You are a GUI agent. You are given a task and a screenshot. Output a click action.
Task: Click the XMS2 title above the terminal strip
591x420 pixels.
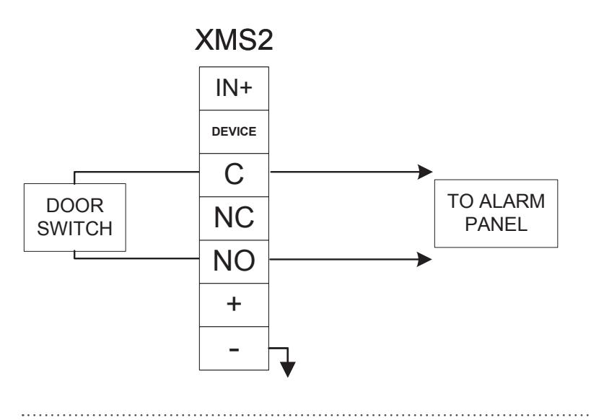click(x=234, y=40)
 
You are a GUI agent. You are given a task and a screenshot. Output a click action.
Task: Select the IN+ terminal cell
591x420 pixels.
click(x=234, y=88)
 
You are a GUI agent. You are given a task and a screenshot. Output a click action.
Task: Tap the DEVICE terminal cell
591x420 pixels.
click(x=234, y=131)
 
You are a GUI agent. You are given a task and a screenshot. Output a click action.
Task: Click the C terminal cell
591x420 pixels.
click(x=234, y=175)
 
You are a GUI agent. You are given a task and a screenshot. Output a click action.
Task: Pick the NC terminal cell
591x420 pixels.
click(x=234, y=218)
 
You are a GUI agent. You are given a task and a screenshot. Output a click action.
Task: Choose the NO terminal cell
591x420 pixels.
click(x=234, y=262)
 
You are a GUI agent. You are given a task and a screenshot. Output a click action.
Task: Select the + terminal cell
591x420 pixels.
click(x=234, y=305)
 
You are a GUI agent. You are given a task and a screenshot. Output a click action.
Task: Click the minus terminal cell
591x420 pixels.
click(x=234, y=349)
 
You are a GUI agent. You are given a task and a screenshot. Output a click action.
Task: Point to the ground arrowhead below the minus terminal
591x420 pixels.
click(x=288, y=369)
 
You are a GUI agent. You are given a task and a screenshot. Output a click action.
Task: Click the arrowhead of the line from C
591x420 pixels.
click(x=425, y=172)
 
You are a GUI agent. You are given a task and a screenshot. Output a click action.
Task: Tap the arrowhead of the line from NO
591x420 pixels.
click(x=424, y=259)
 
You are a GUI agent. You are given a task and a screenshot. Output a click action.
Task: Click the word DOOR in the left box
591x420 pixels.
click(x=74, y=206)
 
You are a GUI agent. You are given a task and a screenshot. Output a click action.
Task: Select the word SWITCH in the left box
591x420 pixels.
click(x=74, y=229)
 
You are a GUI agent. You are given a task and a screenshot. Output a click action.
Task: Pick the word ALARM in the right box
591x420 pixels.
click(x=512, y=201)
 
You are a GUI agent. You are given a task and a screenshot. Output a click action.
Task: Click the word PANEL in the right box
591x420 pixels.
click(x=496, y=224)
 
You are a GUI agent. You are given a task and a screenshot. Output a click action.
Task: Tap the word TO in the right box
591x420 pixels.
click(x=461, y=201)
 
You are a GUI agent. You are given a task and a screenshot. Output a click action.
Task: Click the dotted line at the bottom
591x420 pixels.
click(x=306, y=415)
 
